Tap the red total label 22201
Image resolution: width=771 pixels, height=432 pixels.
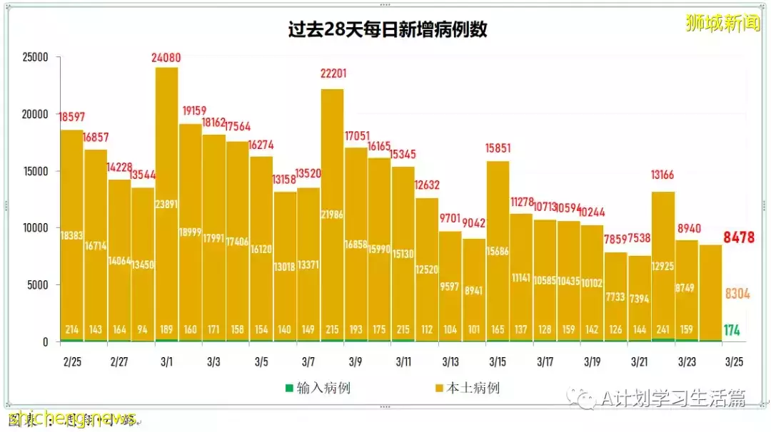pyautogui.click(x=332, y=73)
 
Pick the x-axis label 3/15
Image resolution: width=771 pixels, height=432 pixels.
pyautogui.click(x=498, y=362)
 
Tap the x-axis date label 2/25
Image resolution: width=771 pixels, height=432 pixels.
pyautogui.click(x=72, y=362)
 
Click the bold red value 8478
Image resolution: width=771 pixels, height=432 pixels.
pyautogui.click(x=738, y=237)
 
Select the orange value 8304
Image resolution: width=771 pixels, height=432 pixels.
pyautogui.click(x=738, y=293)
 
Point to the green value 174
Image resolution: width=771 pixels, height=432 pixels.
pyautogui.click(x=731, y=330)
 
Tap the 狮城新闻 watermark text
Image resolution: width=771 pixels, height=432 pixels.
pyautogui.click(x=722, y=23)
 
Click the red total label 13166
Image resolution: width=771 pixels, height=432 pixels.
pyautogui.click(x=663, y=175)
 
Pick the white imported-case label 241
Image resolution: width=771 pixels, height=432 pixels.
pyautogui.click(x=663, y=330)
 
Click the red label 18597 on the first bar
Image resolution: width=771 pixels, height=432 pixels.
pyautogui.click(x=72, y=116)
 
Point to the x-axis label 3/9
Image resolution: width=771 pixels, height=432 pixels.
pyautogui.click(x=356, y=362)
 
